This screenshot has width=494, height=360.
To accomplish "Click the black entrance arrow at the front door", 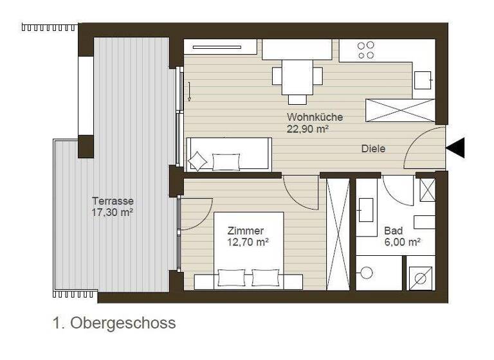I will tap(455, 148).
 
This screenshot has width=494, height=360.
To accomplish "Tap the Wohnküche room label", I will tap(315, 117).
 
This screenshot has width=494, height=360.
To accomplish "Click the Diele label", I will tap(373, 148).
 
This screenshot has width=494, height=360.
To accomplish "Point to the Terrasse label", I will tap(113, 201).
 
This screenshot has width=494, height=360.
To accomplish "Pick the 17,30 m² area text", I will tap(113, 212).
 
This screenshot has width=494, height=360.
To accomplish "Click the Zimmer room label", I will tap(246, 231).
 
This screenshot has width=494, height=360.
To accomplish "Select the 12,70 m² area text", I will tap(248, 242).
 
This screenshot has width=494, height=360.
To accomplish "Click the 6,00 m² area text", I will tap(402, 242).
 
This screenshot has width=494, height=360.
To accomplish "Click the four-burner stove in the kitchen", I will tap(365, 50).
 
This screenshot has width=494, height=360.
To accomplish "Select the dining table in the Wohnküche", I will tap(297, 76).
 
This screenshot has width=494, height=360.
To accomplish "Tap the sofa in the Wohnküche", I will tap(228, 154).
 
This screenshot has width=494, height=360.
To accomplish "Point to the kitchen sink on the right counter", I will tap(423, 80).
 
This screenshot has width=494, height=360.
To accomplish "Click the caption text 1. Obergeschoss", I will tap(114, 323).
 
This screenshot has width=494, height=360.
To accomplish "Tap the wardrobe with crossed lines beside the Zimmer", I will tap(338, 234).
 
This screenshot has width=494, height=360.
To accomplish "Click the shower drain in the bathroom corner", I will tap(422, 278).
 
